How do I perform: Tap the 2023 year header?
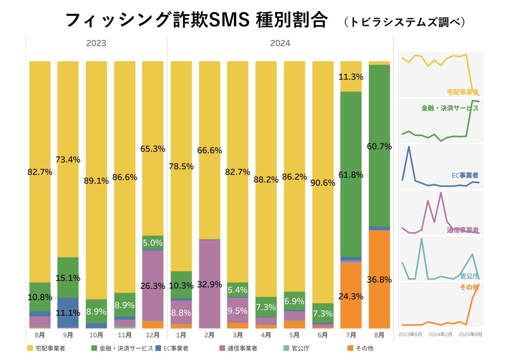click(96, 43)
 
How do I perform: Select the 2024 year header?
click(280, 43)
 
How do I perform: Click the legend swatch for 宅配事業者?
click(30, 348)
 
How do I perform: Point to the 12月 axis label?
click(153, 335)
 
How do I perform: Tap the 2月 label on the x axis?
click(209, 335)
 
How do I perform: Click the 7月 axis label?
click(351, 335)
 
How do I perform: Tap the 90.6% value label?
click(323, 183)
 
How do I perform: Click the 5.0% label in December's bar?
click(153, 243)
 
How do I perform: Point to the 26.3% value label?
click(153, 286)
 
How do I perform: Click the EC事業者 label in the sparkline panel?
click(465, 175)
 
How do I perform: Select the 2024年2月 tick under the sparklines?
click(440, 334)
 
